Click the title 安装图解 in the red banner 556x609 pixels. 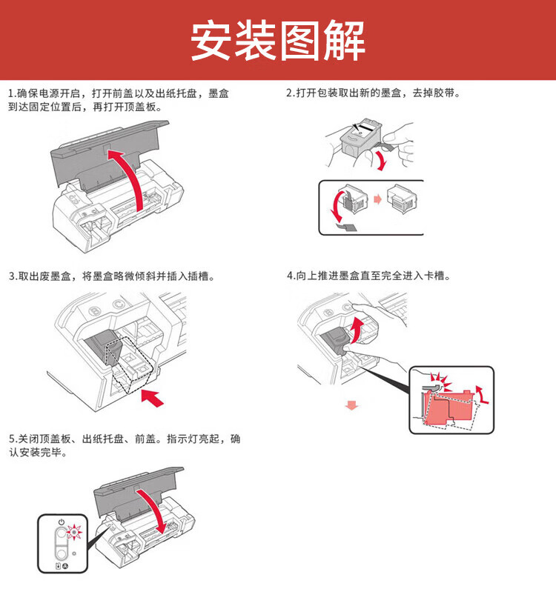[x=277, y=41]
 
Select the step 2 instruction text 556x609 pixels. [x=373, y=93]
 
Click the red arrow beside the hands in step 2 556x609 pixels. [x=381, y=160]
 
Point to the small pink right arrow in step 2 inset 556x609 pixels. [x=377, y=199]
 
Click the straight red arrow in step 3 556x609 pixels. [x=152, y=398]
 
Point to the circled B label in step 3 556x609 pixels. [x=94, y=311]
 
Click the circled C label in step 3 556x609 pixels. [x=118, y=304]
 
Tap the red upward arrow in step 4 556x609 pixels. [x=357, y=330]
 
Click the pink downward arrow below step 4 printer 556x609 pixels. [x=352, y=405]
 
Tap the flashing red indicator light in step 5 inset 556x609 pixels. [x=74, y=532]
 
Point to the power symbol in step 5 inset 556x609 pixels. [x=61, y=522]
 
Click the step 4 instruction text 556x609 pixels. [x=369, y=276]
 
